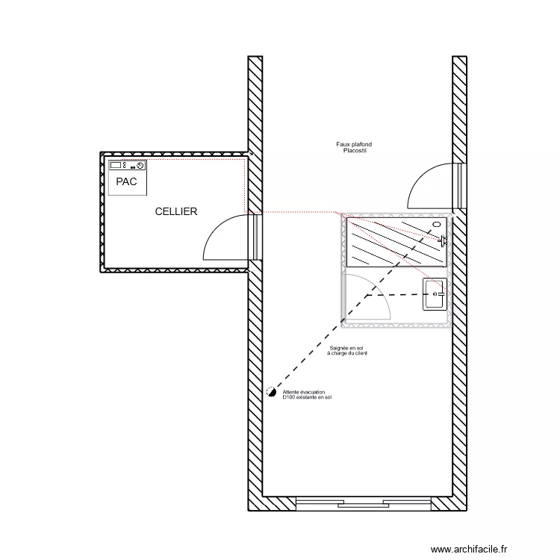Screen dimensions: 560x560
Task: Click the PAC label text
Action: coord(126,181)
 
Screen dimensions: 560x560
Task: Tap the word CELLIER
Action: coord(176,211)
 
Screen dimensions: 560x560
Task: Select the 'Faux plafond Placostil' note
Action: coord(354,147)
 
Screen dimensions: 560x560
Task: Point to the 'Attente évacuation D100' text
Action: coord(307,394)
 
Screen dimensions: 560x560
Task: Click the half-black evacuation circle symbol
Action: coord(272,392)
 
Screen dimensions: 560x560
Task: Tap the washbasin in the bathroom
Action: coord(435,294)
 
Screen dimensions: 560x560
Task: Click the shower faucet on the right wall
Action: coord(443,240)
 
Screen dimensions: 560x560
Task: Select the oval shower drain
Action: coord(437,224)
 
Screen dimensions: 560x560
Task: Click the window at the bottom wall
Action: coord(364,503)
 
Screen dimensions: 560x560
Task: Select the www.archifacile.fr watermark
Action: coord(469,549)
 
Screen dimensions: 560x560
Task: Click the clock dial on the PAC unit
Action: coord(140,165)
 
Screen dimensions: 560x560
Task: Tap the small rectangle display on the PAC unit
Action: coord(115,165)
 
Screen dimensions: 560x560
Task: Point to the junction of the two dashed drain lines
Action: coord(367,296)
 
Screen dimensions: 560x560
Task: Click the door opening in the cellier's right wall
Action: coord(255,236)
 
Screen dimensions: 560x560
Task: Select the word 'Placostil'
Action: coord(355,151)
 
